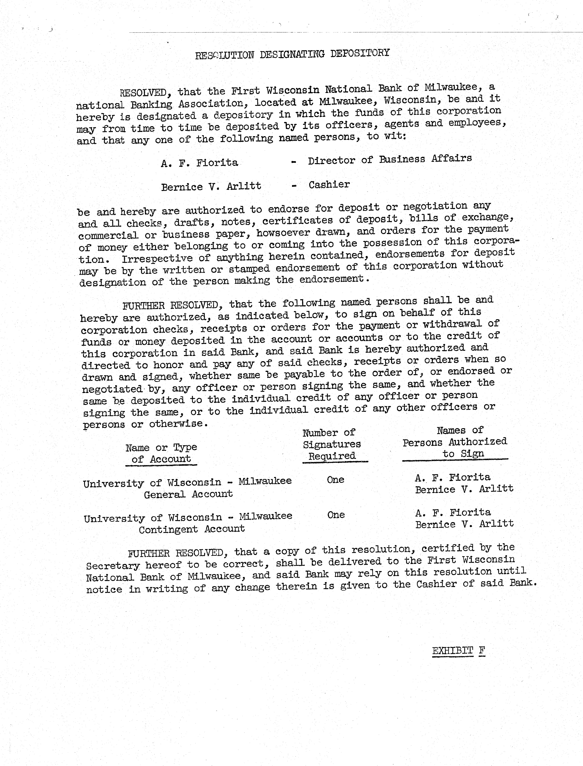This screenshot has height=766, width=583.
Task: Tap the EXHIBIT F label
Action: [x=458, y=650]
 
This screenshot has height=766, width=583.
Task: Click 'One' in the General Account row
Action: [x=335, y=480]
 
